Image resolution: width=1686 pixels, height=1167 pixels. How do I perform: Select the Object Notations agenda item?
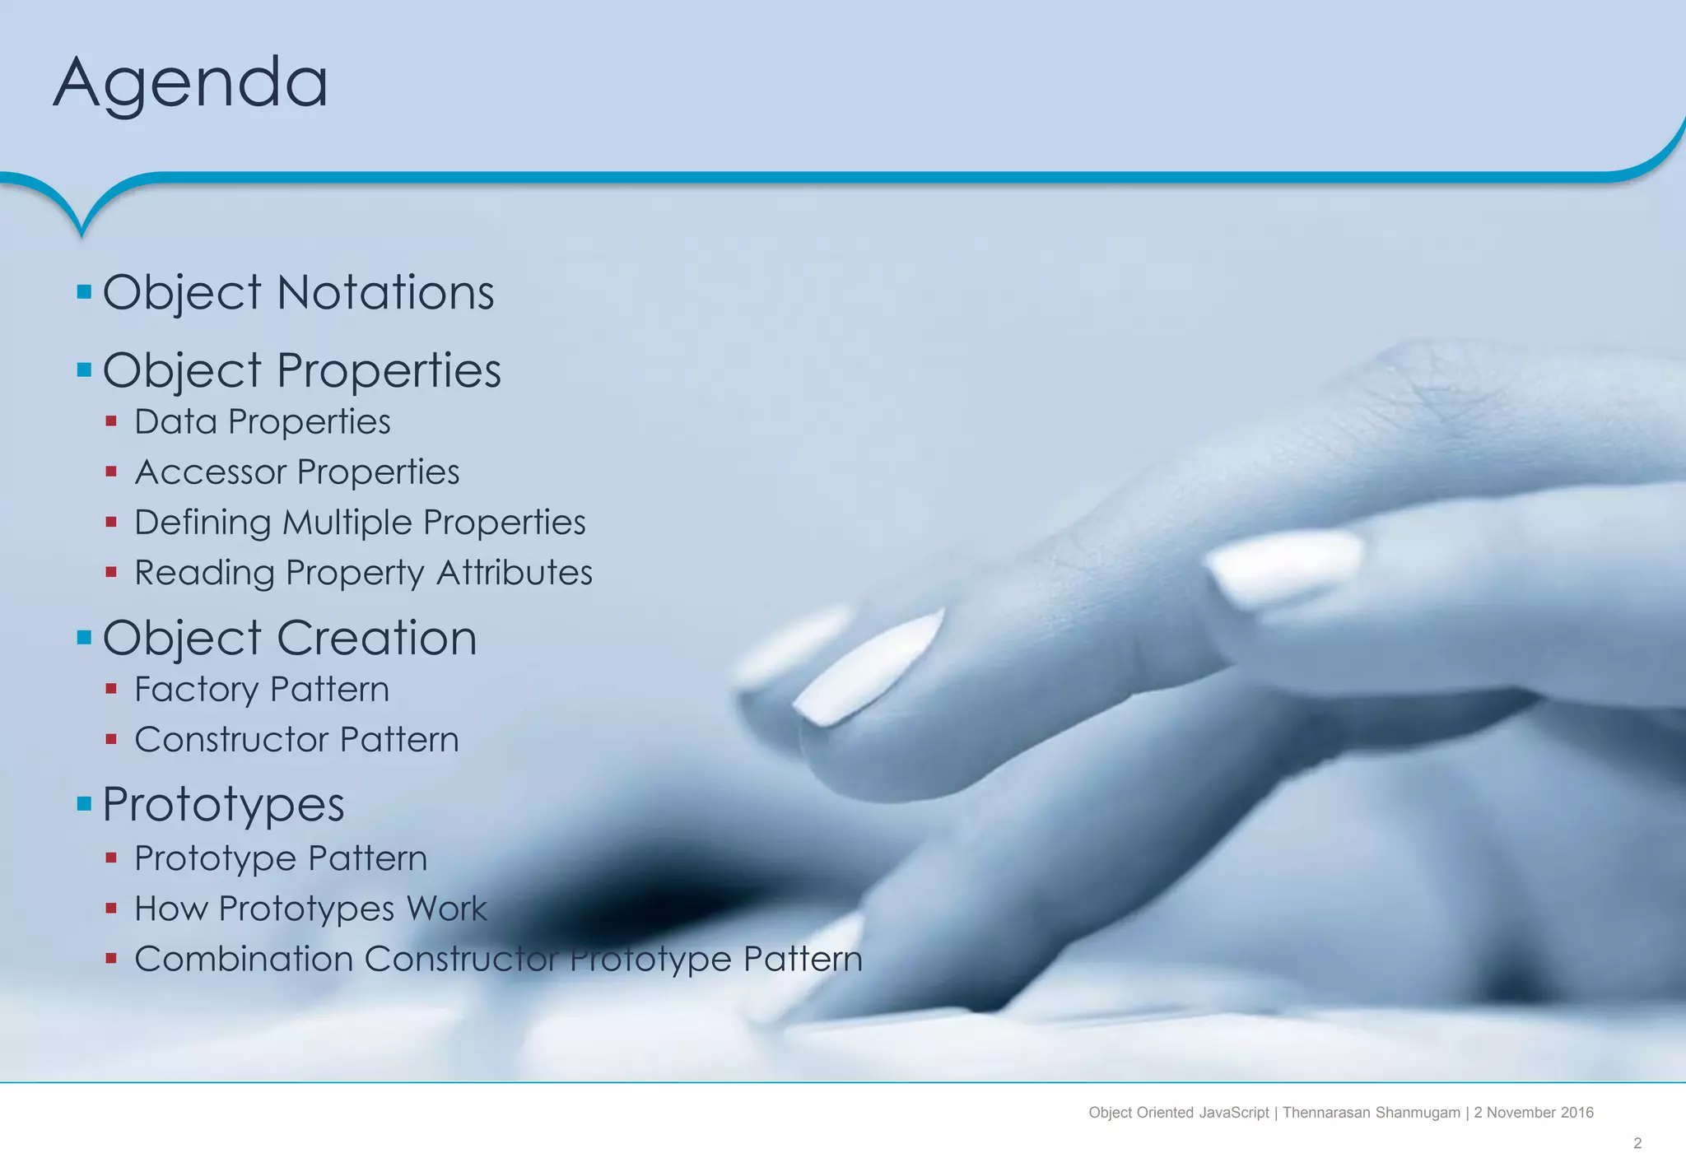click(x=298, y=292)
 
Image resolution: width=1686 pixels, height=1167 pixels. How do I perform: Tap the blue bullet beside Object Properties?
click(x=84, y=370)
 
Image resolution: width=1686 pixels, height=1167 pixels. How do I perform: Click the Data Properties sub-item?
click(x=262, y=421)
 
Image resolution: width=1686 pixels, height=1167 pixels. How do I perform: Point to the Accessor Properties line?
click(x=296, y=472)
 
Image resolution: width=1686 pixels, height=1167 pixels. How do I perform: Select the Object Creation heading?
click(x=289, y=638)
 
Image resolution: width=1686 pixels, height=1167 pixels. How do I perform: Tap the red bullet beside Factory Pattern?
click(x=111, y=689)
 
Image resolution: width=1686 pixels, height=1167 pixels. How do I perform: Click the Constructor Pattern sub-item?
click(x=296, y=739)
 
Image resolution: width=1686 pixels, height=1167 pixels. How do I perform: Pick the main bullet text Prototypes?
click(x=223, y=803)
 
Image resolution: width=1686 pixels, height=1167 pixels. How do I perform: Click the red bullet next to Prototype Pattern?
click(x=111, y=858)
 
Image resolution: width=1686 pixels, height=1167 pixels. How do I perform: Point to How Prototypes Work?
click(x=310, y=909)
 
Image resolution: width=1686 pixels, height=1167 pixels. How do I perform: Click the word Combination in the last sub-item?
click(x=244, y=959)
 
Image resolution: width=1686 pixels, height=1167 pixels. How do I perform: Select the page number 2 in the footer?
click(x=1637, y=1143)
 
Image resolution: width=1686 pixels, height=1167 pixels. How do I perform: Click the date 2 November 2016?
click(x=1534, y=1113)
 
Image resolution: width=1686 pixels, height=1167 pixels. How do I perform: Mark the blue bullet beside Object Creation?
click(x=84, y=637)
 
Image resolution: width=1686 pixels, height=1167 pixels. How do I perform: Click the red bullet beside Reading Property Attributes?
click(x=111, y=572)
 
